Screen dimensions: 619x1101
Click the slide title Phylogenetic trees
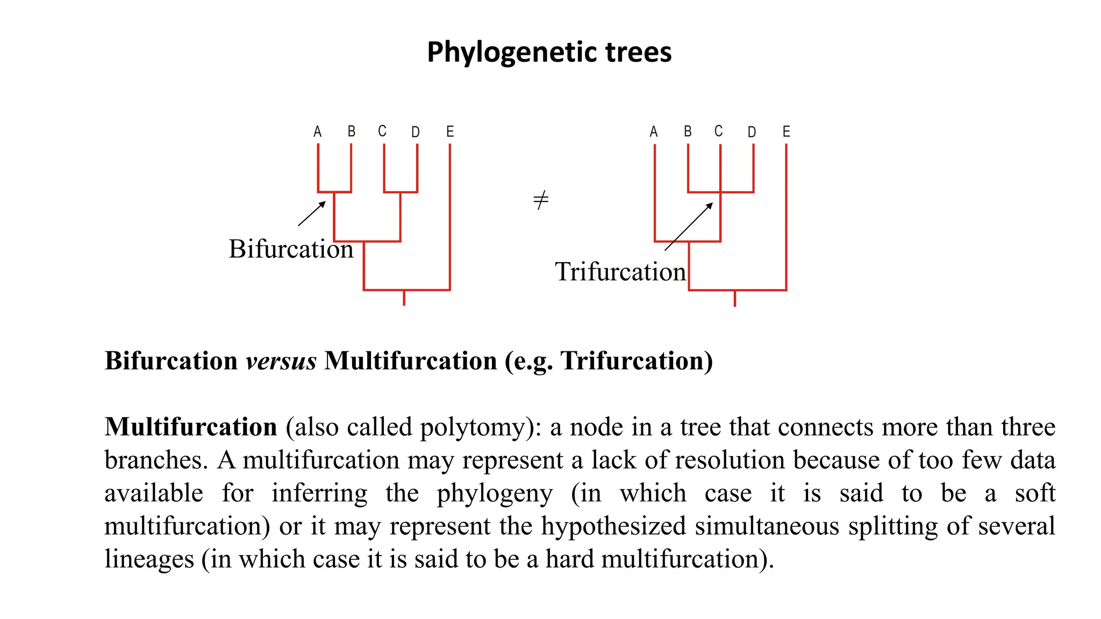click(549, 53)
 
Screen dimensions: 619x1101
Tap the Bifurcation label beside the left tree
click(291, 249)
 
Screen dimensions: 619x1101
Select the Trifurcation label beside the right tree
click(620, 272)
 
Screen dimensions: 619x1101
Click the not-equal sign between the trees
click(541, 200)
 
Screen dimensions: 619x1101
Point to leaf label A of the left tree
click(318, 132)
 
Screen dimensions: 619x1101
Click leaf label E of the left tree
click(450, 132)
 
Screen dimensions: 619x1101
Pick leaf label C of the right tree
click(718, 131)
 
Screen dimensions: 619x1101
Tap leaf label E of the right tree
click(786, 132)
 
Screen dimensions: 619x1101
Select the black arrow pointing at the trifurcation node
click(689, 226)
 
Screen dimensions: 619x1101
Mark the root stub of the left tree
click(404, 298)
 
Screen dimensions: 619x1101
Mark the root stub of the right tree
click(734, 299)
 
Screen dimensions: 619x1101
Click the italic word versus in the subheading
click(281, 361)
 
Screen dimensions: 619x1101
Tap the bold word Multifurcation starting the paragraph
click(191, 427)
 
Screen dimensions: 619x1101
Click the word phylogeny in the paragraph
click(494, 494)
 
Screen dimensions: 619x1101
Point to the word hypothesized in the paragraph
click(613, 527)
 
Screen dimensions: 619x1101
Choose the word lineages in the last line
click(149, 559)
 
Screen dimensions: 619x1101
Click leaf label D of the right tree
click(752, 132)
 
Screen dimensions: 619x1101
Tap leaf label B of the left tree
click(351, 132)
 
